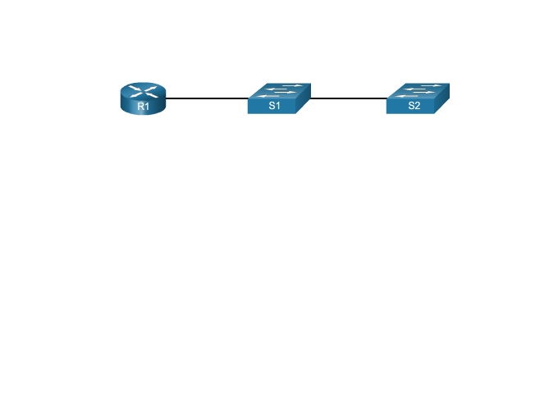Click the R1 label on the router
[x=143, y=107]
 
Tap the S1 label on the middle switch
[x=274, y=107]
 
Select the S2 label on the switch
[x=414, y=107]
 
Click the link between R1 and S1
[x=206, y=98]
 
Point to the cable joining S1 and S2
[x=349, y=98]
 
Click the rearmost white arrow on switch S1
[x=293, y=85]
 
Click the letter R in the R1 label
[x=140, y=107]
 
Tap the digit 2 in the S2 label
[x=417, y=107]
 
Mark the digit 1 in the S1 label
[x=277, y=107]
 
